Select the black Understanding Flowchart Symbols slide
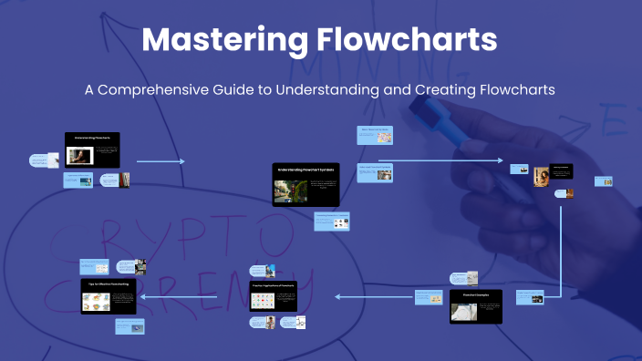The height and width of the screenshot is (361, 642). click(305, 184)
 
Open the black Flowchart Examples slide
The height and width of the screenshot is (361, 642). click(476, 307)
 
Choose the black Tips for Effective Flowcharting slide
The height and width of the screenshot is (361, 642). click(109, 297)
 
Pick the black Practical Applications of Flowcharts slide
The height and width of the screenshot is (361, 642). click(273, 297)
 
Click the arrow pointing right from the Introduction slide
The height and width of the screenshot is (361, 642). click(160, 162)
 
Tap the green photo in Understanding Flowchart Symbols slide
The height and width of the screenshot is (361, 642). click(289, 191)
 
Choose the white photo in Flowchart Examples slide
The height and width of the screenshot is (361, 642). click(464, 312)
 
